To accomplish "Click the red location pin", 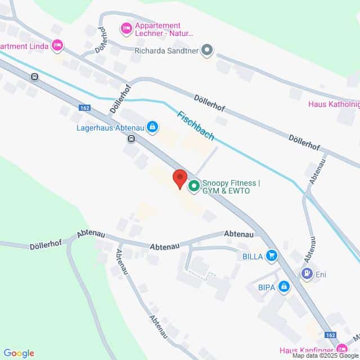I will (179, 178).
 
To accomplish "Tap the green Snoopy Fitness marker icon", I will (194, 185).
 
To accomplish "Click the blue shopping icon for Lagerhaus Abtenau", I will (152, 127).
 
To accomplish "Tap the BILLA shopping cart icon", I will (272, 256).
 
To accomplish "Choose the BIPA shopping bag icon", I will (284, 287).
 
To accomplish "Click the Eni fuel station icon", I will (307, 274).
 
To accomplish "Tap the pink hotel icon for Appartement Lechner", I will (127, 27).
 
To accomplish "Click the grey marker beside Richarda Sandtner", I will (208, 50).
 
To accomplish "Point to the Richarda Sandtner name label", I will (167, 50).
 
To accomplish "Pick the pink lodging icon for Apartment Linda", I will (57, 45).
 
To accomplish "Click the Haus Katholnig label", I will (334, 104).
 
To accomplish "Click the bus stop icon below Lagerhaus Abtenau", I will (131, 138).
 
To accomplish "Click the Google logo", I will (19, 353).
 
